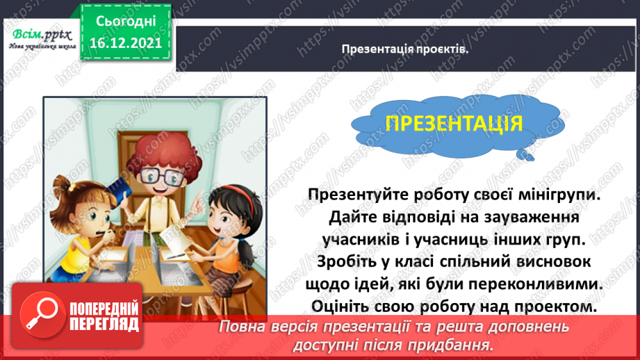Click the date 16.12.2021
[x=125, y=43]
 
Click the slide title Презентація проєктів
[x=405, y=49]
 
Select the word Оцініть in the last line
[x=338, y=307]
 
